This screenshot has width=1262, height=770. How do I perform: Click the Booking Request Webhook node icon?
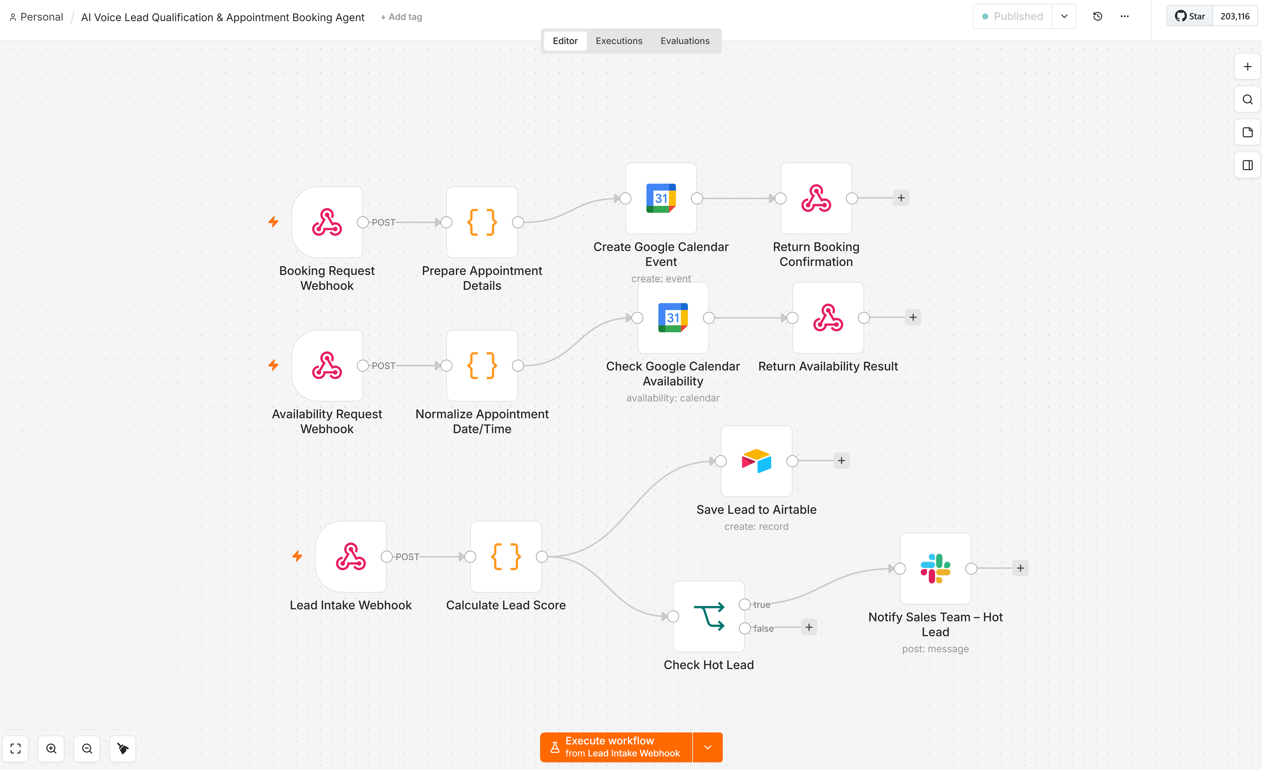click(327, 222)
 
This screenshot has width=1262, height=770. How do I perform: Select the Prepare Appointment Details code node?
click(482, 222)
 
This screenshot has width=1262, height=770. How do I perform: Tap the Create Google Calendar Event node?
click(661, 198)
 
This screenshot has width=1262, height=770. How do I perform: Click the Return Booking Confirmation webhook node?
click(816, 198)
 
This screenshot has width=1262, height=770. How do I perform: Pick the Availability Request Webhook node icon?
click(327, 365)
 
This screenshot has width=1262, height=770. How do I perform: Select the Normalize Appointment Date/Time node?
click(482, 365)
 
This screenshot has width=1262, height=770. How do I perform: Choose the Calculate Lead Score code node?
click(506, 557)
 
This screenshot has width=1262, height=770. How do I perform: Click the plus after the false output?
click(809, 627)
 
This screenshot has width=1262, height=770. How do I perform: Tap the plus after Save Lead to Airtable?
click(841, 460)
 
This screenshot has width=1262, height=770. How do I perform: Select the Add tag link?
click(401, 17)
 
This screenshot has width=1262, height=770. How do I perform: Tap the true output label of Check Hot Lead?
click(762, 604)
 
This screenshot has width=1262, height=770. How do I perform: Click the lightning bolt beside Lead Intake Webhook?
click(297, 556)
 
